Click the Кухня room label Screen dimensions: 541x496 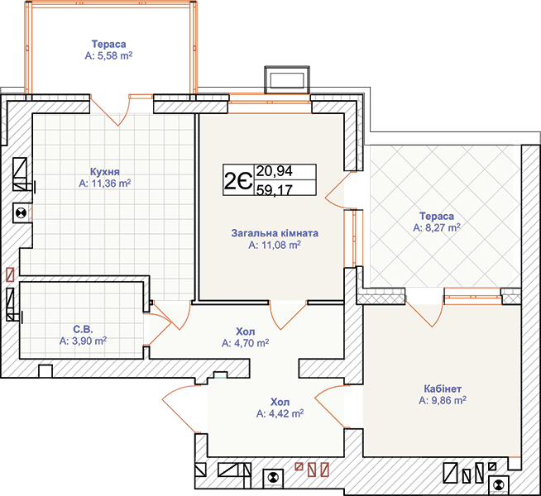click(x=105, y=172)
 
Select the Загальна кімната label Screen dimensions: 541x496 click(x=275, y=233)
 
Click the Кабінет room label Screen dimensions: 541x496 click(x=443, y=389)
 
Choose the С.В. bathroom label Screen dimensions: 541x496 click(x=83, y=329)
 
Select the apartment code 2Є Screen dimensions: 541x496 click(x=238, y=180)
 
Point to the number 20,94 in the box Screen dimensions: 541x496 click(x=275, y=171)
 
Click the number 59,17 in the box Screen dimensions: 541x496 click(x=275, y=189)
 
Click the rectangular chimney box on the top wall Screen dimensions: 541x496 click(x=287, y=80)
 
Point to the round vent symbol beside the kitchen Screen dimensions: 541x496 click(x=22, y=213)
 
